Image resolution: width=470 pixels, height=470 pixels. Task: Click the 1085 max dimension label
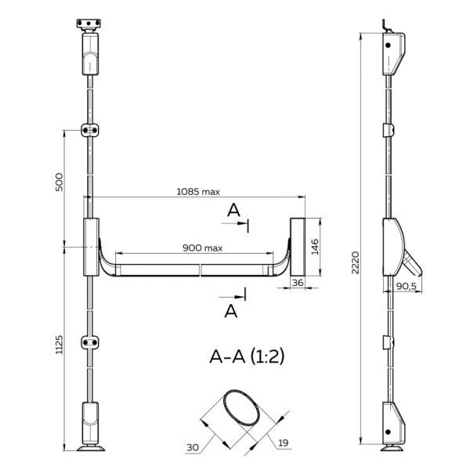[198, 192]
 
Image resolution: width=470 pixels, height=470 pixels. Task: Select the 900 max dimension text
[203, 248]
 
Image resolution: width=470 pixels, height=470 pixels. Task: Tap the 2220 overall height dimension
[355, 262]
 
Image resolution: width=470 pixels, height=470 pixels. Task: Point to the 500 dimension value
[60, 182]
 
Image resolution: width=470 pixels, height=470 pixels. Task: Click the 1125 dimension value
[60, 345]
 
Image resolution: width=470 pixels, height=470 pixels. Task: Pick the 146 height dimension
[315, 247]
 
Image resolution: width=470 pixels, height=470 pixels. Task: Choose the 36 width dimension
[298, 282]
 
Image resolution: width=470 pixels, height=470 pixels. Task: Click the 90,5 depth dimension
[406, 286]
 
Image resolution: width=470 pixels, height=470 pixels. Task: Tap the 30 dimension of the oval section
[193, 447]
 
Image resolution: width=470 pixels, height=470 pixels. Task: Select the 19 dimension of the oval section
[284, 443]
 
